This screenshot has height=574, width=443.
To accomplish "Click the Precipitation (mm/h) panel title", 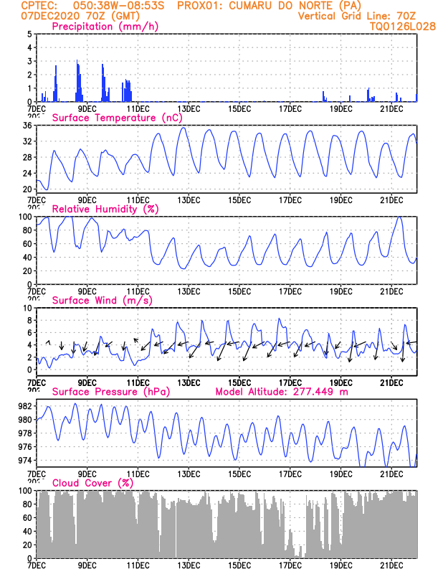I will (x=105, y=27).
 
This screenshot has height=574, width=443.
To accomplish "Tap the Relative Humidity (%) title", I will (x=104, y=209).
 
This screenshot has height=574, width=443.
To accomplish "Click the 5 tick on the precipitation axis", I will (x=28, y=34).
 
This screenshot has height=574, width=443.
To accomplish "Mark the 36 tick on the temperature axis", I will (x=26, y=126).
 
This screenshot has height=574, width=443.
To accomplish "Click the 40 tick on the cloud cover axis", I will (x=26, y=532).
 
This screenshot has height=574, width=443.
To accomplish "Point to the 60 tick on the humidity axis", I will (x=26, y=244).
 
